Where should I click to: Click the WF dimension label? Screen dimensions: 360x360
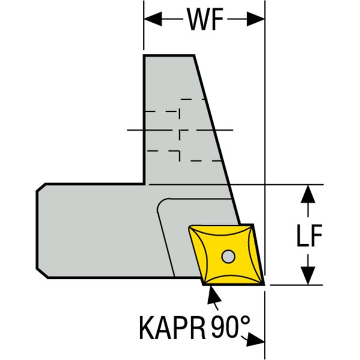[x=205, y=19]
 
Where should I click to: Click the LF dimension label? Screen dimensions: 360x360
[x=309, y=235]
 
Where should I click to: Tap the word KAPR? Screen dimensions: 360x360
[x=172, y=327]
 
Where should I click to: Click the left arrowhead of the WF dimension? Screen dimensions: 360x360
[x=153, y=19]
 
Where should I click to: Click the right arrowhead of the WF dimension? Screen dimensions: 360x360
[x=256, y=19]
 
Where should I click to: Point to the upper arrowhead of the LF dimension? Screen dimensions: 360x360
[x=308, y=194]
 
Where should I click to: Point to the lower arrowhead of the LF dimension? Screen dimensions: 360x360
[x=308, y=276]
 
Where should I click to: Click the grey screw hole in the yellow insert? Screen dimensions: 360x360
[x=228, y=256]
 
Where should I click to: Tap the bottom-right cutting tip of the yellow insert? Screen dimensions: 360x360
[x=264, y=285]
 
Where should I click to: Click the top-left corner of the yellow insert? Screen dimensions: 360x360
[x=189, y=227]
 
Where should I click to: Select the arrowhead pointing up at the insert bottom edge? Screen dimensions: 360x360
[x=213, y=295]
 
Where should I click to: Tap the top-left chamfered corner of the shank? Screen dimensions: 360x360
[x=41, y=187]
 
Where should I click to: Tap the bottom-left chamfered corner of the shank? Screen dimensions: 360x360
[x=42, y=273]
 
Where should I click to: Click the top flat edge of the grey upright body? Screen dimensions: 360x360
[x=169, y=55]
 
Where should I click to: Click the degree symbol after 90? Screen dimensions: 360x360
[x=245, y=319]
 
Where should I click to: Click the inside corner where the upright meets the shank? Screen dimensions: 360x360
[x=144, y=184]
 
